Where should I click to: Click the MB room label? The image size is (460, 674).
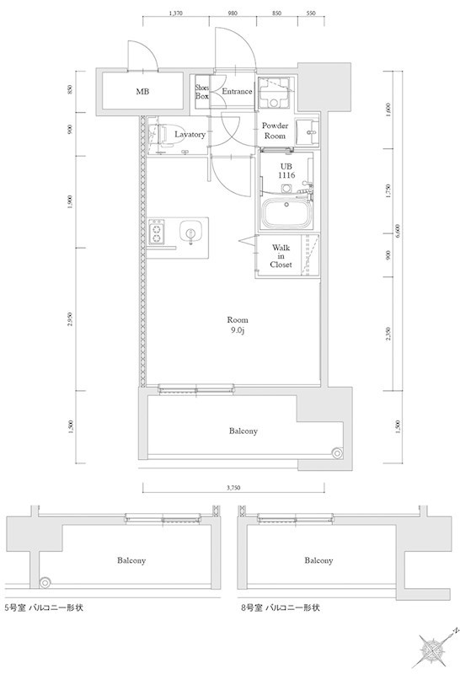coord(142,92)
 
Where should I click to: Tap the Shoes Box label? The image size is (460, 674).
coord(202,92)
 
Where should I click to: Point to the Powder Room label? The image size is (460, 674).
coord(276,131)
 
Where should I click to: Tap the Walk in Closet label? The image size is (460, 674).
coord(281,255)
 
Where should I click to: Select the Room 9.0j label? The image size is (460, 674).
coord(238,325)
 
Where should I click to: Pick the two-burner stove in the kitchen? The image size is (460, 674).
coord(158,233)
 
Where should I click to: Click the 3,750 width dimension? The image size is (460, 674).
coord(236,487)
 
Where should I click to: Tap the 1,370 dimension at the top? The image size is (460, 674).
coord(176,14)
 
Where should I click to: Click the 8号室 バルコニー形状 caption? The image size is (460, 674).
coord(280,606)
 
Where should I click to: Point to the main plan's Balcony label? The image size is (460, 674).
coord(243,431)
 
